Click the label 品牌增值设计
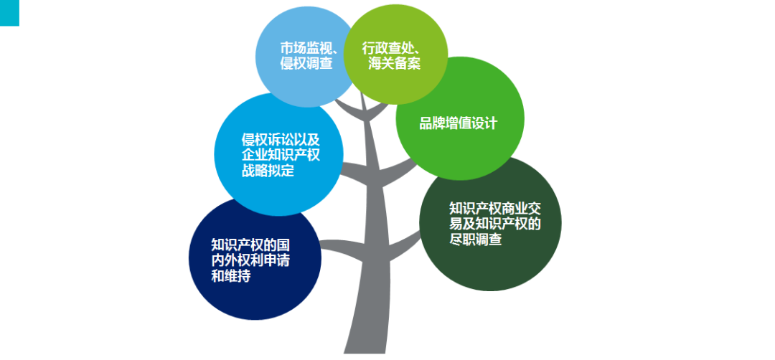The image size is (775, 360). click(459, 123)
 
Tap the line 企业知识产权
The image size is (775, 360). click(281, 156)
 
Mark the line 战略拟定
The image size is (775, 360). click(268, 171)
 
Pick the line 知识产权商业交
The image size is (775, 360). click(494, 209)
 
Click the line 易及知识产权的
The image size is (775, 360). click(494, 224)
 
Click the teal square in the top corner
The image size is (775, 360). click(9, 12)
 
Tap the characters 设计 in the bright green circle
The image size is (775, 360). click(484, 123)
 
